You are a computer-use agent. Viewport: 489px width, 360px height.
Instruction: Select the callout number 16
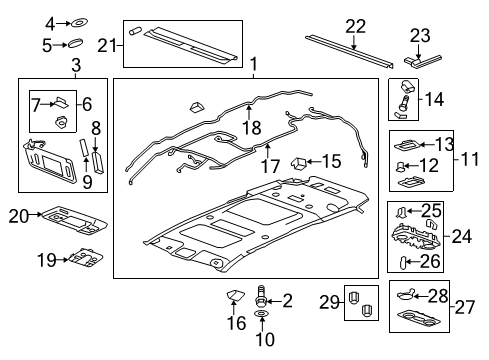(237, 322)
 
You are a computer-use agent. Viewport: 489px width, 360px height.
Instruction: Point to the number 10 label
(263, 338)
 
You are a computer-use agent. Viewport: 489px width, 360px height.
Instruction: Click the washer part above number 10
(263, 316)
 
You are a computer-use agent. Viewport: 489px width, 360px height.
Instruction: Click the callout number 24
(461, 237)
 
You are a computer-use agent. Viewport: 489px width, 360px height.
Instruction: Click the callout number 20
(17, 215)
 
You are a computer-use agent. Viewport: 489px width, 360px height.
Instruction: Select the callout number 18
(250, 126)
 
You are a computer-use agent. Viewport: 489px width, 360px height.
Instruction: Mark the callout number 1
(252, 66)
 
